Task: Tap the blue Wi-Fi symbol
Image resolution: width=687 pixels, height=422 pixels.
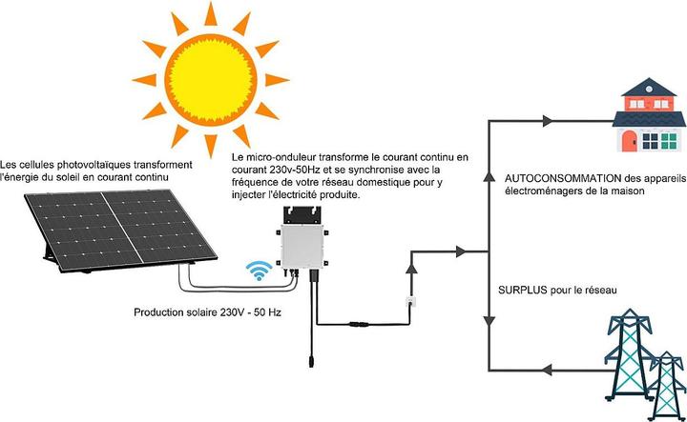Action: [x=258, y=269]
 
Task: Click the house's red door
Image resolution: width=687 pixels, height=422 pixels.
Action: [x=630, y=142]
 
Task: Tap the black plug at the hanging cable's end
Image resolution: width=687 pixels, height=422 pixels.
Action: [x=308, y=361]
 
